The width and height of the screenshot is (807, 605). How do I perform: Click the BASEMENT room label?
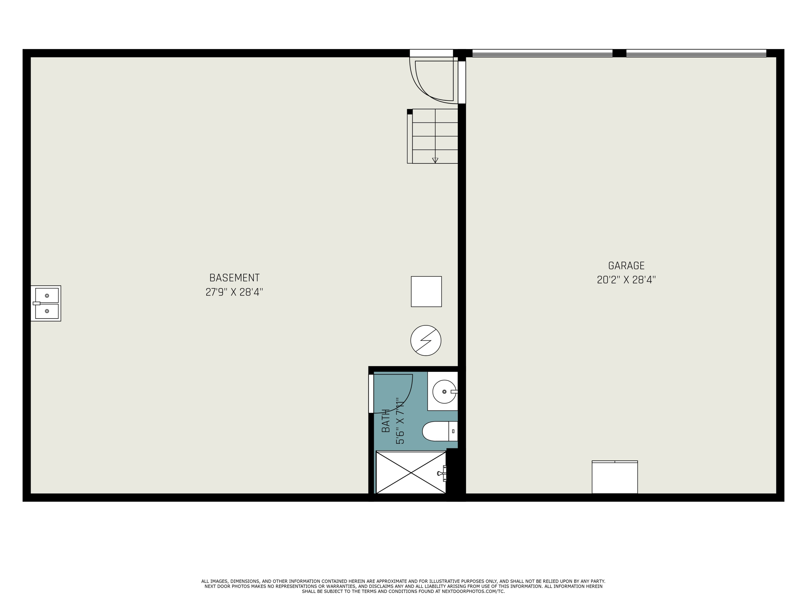(234, 278)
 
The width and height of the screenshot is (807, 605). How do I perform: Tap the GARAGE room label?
(626, 265)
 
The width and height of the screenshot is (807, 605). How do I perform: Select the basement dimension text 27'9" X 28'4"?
(234, 292)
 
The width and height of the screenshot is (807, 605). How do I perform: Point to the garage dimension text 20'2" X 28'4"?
(626, 280)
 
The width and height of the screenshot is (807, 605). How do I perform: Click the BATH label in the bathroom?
(386, 421)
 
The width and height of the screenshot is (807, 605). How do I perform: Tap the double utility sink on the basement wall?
(46, 303)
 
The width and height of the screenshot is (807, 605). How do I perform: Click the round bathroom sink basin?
(444, 392)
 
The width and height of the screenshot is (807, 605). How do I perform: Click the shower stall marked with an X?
(410, 473)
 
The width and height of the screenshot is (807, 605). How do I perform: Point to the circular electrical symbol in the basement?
(426, 340)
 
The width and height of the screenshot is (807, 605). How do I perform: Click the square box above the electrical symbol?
(426, 291)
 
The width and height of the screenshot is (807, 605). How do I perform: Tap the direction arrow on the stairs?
(435, 160)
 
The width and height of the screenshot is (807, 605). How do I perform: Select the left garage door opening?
(542, 53)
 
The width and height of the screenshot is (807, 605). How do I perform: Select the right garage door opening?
(696, 53)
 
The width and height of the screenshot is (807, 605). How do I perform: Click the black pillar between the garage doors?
(619, 53)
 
